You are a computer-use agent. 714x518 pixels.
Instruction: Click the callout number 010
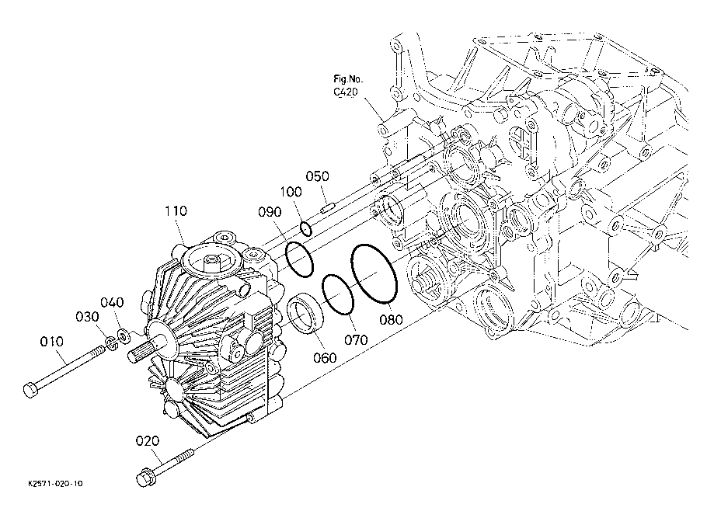point(52,342)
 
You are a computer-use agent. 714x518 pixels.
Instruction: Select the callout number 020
point(148,440)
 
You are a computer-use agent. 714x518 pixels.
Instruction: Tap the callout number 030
point(87,316)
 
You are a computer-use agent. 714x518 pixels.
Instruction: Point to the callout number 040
point(112,302)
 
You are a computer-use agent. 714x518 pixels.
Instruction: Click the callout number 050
point(317,176)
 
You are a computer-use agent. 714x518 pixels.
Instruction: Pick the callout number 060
point(325,358)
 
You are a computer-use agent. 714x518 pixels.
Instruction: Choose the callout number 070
point(356,339)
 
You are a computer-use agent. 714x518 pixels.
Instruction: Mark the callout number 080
point(391,319)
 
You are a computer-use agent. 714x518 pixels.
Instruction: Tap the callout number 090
point(270,212)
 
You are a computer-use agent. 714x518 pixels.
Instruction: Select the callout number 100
point(291,192)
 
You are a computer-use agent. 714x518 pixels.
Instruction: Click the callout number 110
point(176,210)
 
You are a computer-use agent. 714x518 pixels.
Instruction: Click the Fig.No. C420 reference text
point(348,85)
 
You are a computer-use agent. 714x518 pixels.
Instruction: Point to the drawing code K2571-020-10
point(55,483)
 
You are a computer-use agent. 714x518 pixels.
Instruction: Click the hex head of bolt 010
point(30,391)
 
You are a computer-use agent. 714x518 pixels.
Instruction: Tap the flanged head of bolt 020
point(144,478)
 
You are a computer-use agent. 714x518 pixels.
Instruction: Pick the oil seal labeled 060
point(305,314)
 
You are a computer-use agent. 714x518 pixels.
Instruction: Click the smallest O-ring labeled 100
point(306,228)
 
